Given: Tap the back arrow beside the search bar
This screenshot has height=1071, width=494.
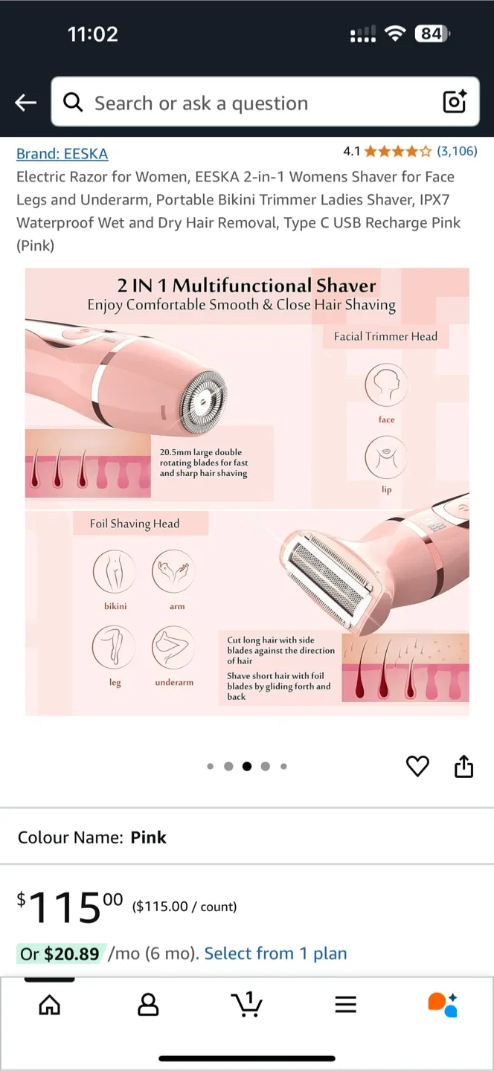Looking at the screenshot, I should pyautogui.click(x=26, y=103).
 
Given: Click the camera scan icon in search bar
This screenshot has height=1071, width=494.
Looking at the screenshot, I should pyautogui.click(x=455, y=102).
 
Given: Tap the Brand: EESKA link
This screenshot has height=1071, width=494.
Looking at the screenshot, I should pyautogui.click(x=62, y=153).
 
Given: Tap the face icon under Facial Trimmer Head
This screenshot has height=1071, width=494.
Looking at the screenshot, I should pyautogui.click(x=386, y=385).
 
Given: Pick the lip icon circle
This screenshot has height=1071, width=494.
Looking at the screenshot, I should pyautogui.click(x=386, y=457).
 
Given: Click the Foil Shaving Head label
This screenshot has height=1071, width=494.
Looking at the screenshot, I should pyautogui.click(x=135, y=524).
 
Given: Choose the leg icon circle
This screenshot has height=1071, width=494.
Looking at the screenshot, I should pyautogui.click(x=115, y=646).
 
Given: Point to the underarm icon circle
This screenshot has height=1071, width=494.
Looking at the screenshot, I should pyautogui.click(x=174, y=646).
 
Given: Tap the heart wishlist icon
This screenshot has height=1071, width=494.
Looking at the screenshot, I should pyautogui.click(x=417, y=766).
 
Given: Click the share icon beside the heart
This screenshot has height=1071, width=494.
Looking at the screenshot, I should pyautogui.click(x=463, y=766).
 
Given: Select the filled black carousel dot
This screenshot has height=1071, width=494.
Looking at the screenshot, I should pyautogui.click(x=247, y=766).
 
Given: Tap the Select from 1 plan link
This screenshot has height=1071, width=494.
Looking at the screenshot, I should pyautogui.click(x=275, y=953).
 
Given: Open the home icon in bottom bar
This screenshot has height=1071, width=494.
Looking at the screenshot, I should pyautogui.click(x=50, y=1005).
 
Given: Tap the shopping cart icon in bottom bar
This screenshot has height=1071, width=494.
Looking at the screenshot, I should pyautogui.click(x=246, y=1004).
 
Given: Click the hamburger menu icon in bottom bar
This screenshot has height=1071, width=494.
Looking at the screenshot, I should pyautogui.click(x=345, y=1005).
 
